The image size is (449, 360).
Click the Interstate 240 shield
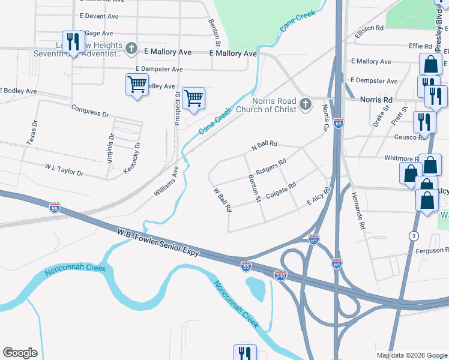(280, 275)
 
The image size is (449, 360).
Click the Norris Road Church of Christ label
(266, 105)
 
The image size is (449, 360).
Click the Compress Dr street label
(89, 111)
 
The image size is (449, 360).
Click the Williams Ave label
(166, 182)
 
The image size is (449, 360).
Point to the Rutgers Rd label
(271, 167)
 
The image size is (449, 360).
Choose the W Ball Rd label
(223, 200)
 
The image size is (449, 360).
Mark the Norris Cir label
(326, 118)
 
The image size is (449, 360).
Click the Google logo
(20, 353)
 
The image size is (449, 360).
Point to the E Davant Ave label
(98, 16)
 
